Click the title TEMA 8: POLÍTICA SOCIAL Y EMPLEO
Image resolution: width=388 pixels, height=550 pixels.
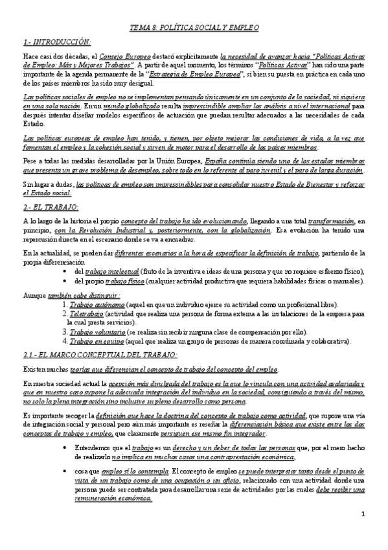click(194, 29)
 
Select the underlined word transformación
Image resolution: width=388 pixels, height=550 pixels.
click(331, 221)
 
